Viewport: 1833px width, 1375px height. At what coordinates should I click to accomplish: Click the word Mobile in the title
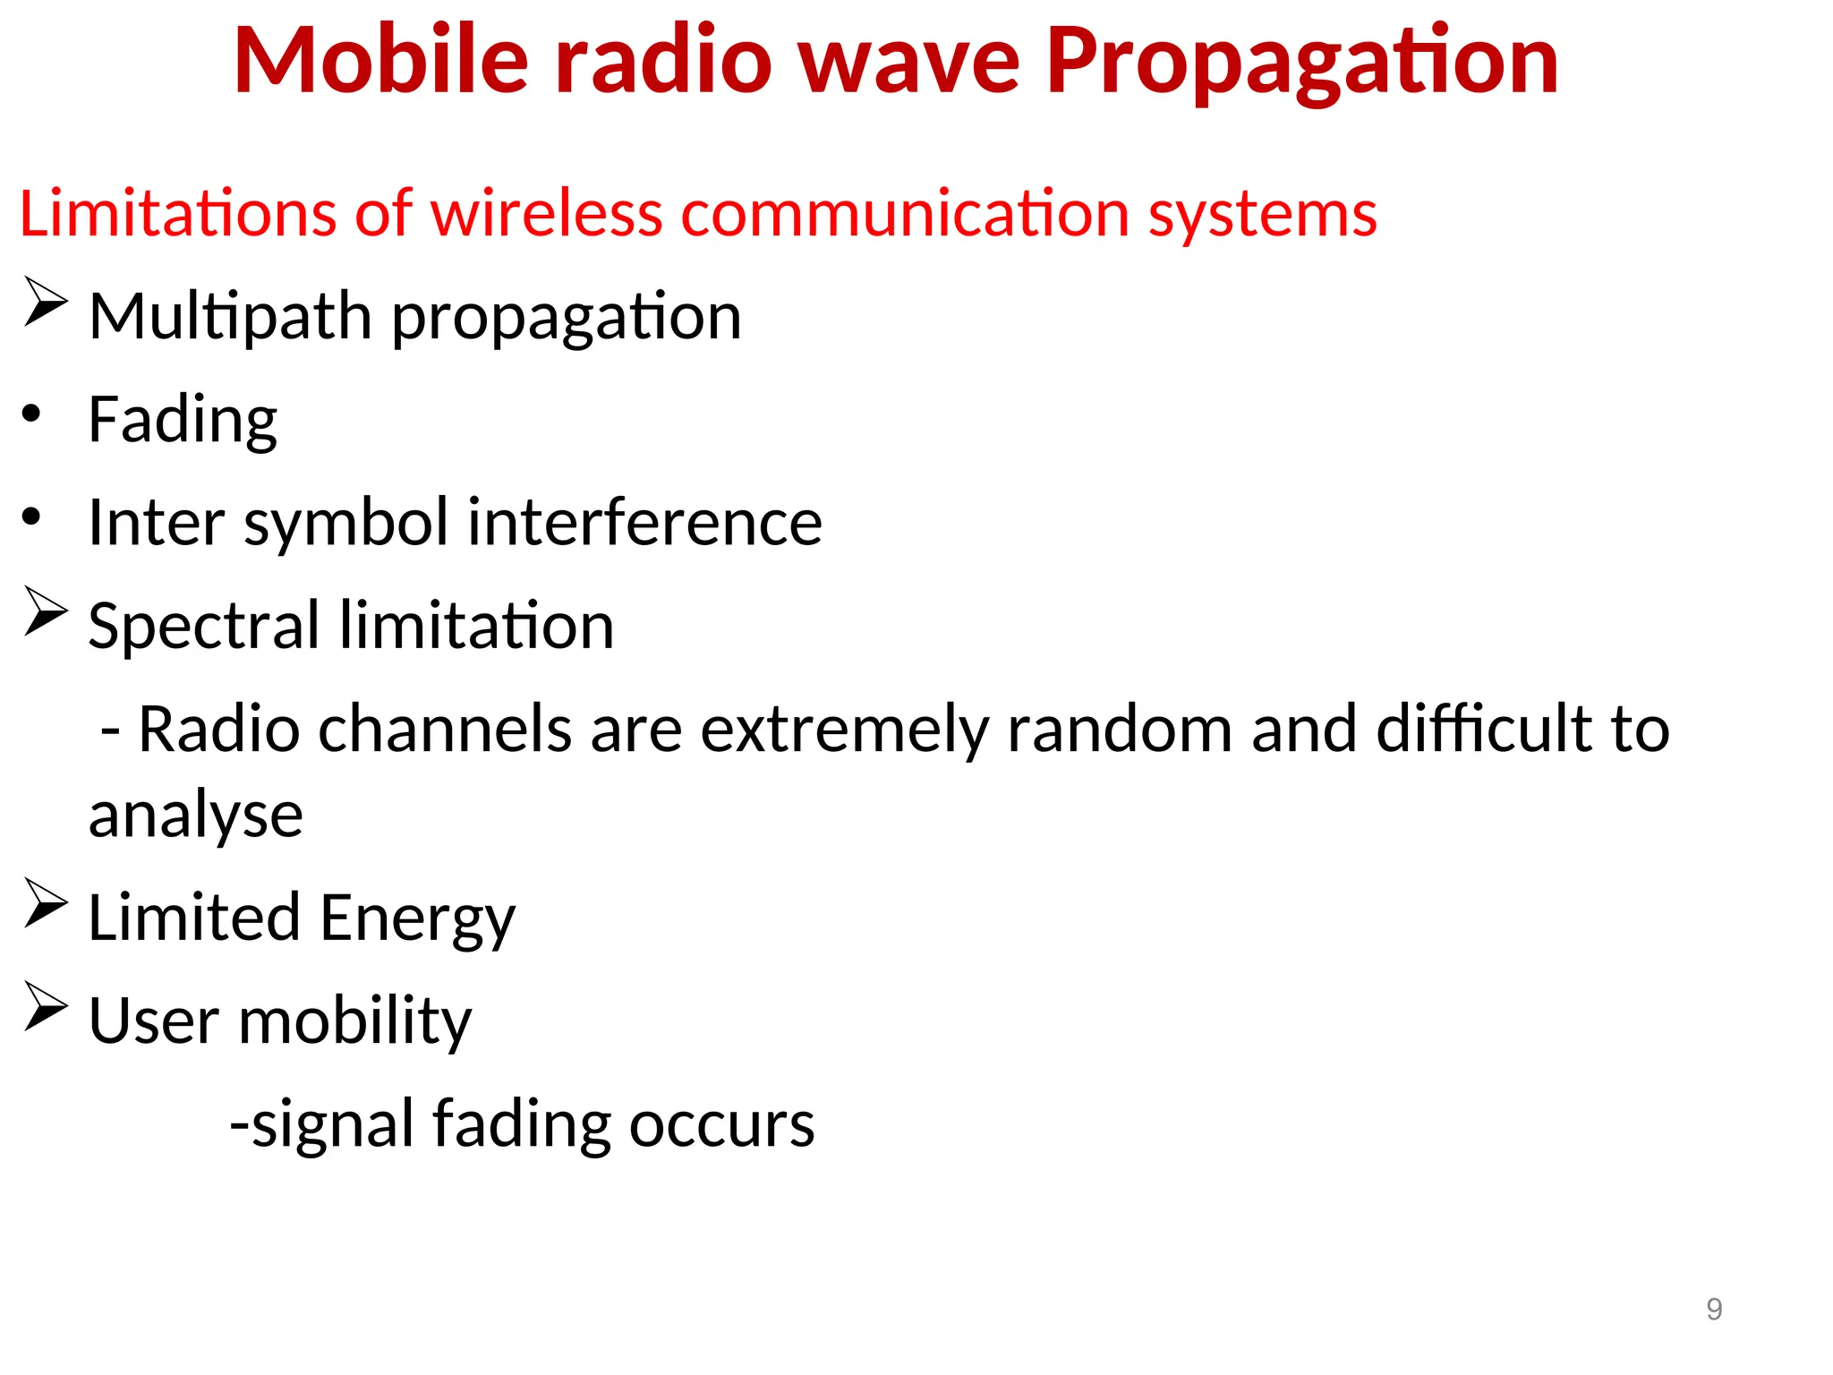pos(381,60)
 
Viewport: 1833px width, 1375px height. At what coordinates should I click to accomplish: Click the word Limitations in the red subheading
pos(177,215)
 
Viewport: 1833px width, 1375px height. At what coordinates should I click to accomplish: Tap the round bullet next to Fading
pos(32,414)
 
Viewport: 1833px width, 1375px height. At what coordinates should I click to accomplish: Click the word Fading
pos(183,421)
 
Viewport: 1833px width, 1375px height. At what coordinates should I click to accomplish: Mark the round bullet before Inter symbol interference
pos(32,517)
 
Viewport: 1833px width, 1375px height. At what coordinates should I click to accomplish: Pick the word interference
pos(644,523)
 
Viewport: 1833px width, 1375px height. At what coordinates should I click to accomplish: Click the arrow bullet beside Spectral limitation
pos(46,611)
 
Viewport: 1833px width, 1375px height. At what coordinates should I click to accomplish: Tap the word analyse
pos(196,816)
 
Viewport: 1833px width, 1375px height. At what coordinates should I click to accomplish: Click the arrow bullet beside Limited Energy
pos(46,903)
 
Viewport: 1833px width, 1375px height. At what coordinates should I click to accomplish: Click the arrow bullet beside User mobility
pos(46,1006)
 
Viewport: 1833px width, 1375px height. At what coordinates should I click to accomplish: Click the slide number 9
pos(1714,1310)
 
